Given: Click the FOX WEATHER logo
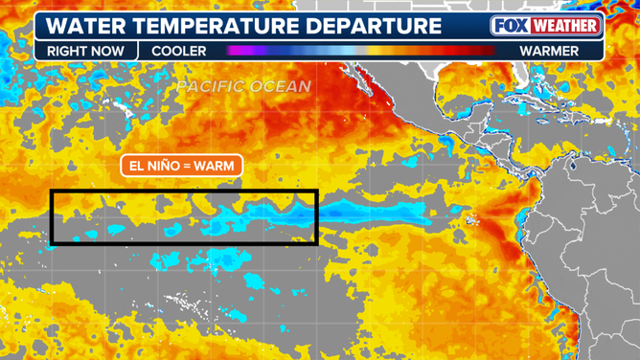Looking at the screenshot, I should point(546,26).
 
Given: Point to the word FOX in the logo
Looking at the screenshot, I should point(510,26).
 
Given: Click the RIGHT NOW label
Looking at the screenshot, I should point(85,51).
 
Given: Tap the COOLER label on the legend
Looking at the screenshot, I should point(179,51).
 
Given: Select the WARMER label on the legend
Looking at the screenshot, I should point(549,51).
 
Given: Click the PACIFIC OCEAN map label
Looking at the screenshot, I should point(243,86).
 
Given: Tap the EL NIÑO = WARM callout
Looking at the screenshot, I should point(181,166).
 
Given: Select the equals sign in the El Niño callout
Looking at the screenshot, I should point(186,166).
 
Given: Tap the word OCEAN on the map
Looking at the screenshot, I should point(280,86).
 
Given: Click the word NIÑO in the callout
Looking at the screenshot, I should point(160,166).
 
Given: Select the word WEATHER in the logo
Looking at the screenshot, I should point(564,26).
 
